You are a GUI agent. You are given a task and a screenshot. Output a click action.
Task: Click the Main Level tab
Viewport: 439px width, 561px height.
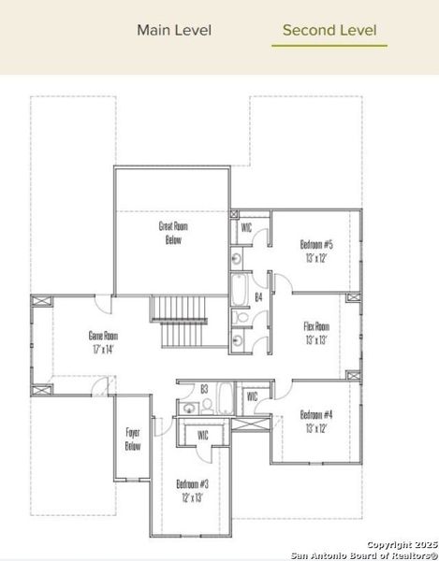coord(174,30)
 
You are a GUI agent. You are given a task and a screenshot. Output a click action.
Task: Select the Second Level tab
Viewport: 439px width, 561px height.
coord(329,30)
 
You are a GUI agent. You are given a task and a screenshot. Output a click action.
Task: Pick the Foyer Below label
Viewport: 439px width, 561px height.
coord(133,439)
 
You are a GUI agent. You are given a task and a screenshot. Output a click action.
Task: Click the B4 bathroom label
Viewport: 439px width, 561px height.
coord(259,297)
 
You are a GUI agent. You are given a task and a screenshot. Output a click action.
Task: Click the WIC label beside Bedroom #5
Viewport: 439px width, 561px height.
coord(246,227)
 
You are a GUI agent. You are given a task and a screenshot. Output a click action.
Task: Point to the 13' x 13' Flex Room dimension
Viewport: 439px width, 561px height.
coord(316,340)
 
